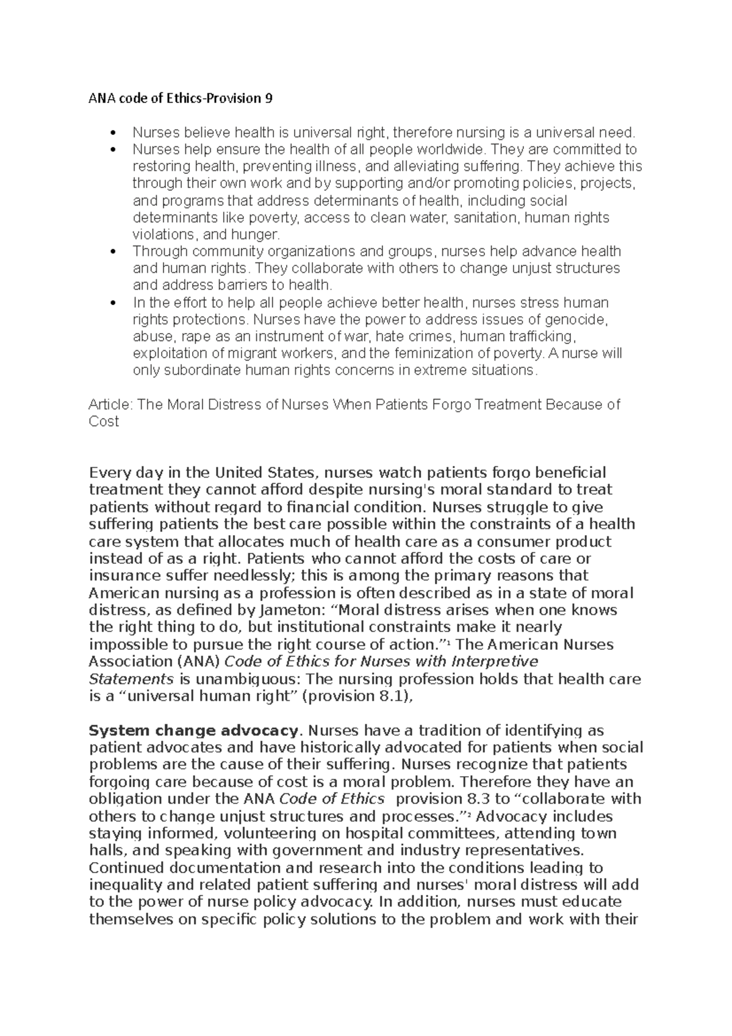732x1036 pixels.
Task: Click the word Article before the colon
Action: coord(110,405)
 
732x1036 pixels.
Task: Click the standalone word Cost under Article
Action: coord(104,422)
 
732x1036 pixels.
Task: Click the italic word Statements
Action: coord(131,679)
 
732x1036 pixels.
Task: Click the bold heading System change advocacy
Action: coord(193,730)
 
